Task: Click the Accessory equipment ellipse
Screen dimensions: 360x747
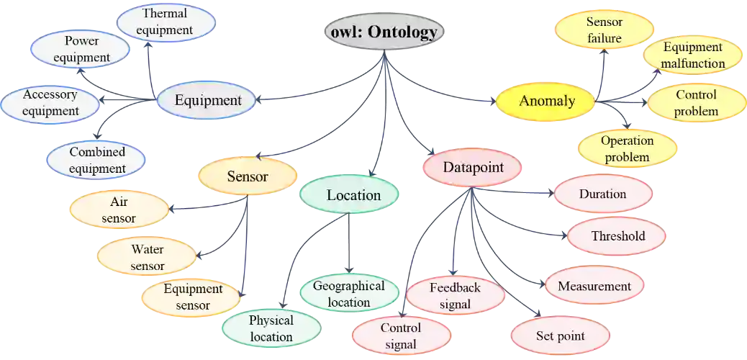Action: (x=50, y=103)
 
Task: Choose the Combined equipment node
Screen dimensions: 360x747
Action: (x=97, y=161)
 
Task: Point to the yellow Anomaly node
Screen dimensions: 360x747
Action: (x=547, y=101)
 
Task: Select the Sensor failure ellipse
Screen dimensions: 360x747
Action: (x=604, y=30)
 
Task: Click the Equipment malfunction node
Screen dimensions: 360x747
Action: (x=693, y=55)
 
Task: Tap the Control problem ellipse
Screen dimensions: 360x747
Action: (x=696, y=103)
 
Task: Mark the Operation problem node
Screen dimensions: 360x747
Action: (x=627, y=148)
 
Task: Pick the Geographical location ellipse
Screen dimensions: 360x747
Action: (x=348, y=294)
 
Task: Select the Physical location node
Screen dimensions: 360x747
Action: (x=271, y=328)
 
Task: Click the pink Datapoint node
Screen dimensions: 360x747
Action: (x=471, y=168)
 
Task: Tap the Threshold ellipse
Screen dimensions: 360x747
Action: (x=617, y=236)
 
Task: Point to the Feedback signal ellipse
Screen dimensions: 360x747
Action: (x=455, y=296)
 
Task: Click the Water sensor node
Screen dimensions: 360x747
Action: (x=147, y=258)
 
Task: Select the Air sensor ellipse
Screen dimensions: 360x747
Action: (x=119, y=210)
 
